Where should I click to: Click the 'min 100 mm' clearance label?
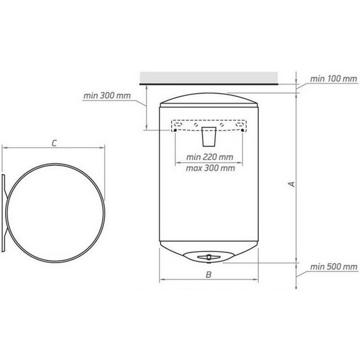(x=333, y=79)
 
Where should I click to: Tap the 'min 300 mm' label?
(x=107, y=95)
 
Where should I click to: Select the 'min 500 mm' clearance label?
(x=333, y=267)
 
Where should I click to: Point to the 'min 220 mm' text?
(x=210, y=157)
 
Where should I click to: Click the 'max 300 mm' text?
(x=210, y=168)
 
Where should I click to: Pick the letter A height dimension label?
(x=292, y=184)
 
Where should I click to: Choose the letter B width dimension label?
(x=208, y=274)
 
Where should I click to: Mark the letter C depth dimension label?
(x=54, y=143)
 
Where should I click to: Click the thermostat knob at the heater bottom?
(x=209, y=256)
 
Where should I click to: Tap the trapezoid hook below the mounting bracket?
(x=209, y=137)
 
